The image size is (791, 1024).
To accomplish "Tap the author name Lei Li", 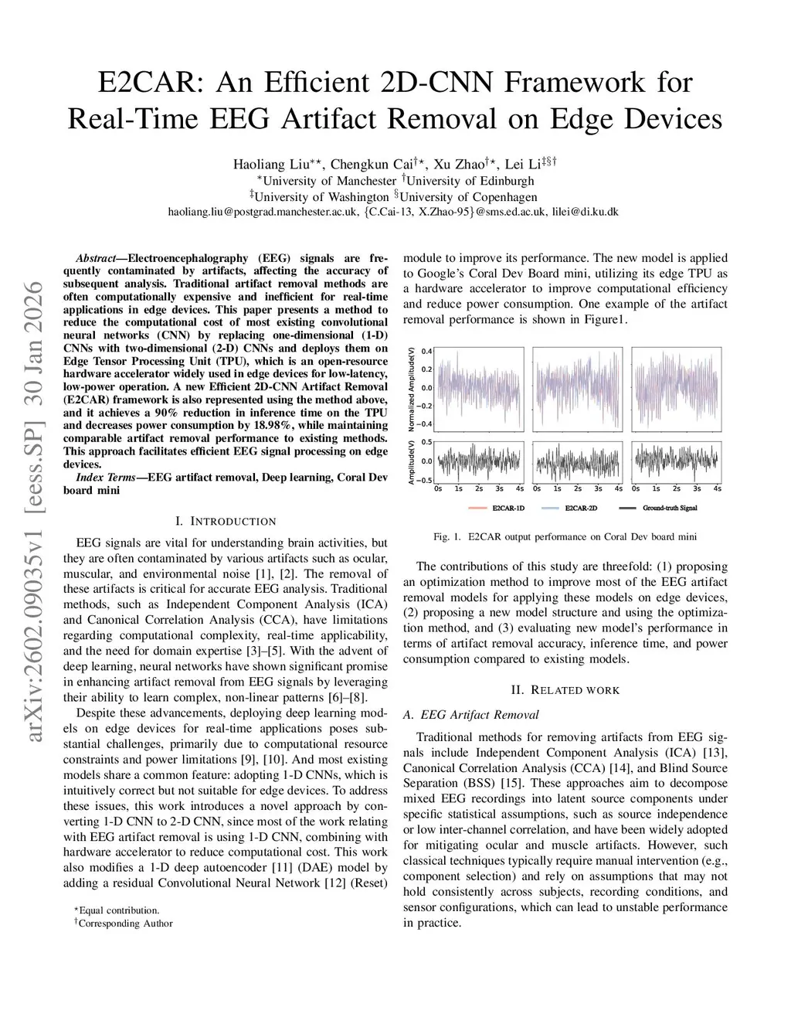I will tap(523, 164).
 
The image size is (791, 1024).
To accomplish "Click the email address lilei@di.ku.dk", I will tap(585, 212).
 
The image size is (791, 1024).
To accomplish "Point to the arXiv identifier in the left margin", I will tap(35, 510).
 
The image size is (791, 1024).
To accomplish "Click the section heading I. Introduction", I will tap(226, 522).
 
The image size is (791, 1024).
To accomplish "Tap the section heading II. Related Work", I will tap(565, 690).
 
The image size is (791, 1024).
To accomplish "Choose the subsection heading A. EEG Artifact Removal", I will tap(471, 715).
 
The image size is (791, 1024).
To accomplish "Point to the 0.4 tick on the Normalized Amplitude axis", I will tap(426, 352).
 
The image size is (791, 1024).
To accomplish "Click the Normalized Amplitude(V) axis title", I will tap(411, 389).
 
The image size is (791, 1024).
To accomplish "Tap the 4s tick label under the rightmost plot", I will tap(717, 488).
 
